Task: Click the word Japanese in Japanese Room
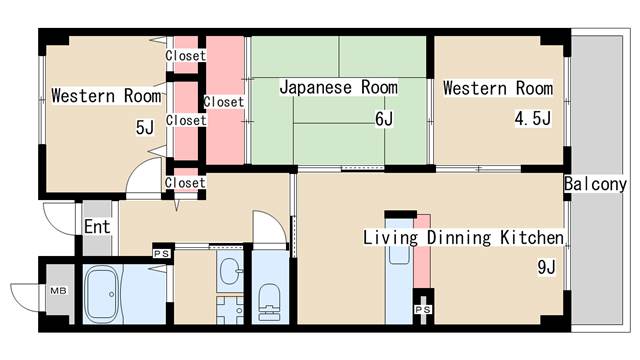(x=312, y=88)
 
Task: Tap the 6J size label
(x=385, y=120)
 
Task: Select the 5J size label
(x=145, y=127)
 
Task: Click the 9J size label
(x=546, y=267)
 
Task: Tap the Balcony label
(x=595, y=185)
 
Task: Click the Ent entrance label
(x=96, y=228)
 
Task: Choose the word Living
(x=385, y=238)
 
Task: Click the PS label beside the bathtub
(x=160, y=254)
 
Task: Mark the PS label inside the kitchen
(x=422, y=310)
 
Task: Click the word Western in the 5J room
(x=85, y=97)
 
